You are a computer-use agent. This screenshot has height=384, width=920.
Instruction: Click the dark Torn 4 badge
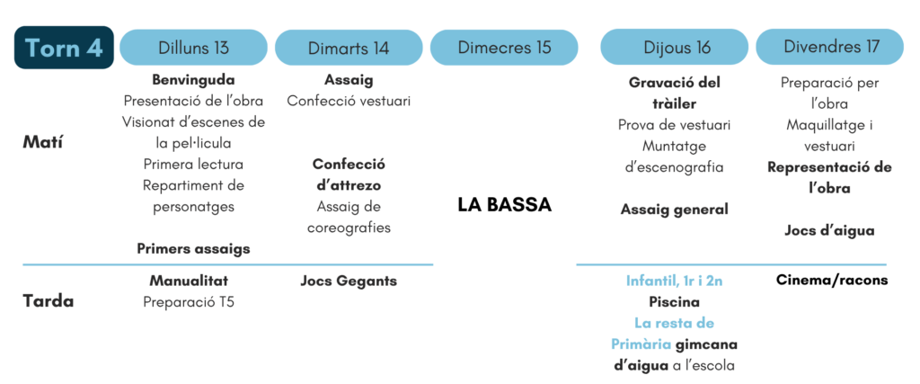pyautogui.click(x=64, y=48)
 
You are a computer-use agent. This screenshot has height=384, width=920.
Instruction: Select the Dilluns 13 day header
pyautogui.click(x=194, y=48)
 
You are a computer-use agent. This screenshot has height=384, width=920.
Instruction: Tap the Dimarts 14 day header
pyautogui.click(x=349, y=48)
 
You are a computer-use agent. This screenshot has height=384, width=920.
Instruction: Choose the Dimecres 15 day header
pyautogui.click(x=504, y=48)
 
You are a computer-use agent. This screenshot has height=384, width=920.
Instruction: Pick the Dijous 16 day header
pyautogui.click(x=674, y=48)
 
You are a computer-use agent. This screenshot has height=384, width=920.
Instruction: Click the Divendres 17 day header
pyautogui.click(x=829, y=48)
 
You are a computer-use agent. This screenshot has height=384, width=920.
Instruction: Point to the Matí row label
pyautogui.click(x=43, y=143)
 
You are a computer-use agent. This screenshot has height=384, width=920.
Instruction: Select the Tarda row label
pyautogui.click(x=49, y=301)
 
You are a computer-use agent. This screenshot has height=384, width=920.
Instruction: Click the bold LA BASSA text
pyautogui.click(x=505, y=205)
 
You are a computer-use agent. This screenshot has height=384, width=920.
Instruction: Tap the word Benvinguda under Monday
pyautogui.click(x=194, y=79)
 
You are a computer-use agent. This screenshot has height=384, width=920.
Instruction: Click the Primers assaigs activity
pyautogui.click(x=194, y=249)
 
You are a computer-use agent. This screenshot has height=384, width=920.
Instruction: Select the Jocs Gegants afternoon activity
pyautogui.click(x=349, y=281)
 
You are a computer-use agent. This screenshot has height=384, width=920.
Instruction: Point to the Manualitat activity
pyautogui.click(x=189, y=281)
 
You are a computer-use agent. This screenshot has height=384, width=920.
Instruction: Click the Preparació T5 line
pyautogui.click(x=189, y=302)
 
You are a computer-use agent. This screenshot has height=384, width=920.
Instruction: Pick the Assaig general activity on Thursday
pyautogui.click(x=674, y=209)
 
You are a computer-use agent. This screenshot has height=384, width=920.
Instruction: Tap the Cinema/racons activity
pyautogui.click(x=832, y=280)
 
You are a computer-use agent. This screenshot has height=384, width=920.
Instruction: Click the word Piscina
pyautogui.click(x=674, y=302)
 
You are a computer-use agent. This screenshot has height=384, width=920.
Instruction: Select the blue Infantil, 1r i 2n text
pyautogui.click(x=674, y=281)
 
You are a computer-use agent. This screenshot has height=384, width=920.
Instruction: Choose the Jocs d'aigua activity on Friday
pyautogui.click(x=829, y=231)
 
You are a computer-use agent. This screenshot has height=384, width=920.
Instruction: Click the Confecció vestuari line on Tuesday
pyautogui.click(x=349, y=101)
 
